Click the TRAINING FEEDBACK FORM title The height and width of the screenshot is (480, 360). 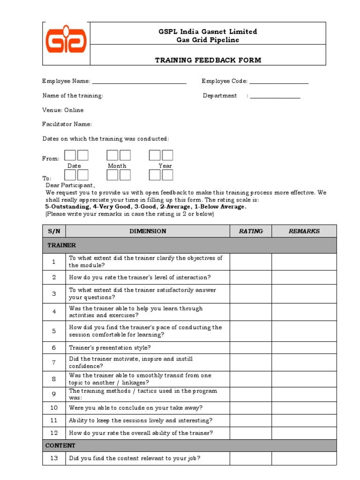[x=208, y=60]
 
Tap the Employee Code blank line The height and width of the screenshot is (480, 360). [x=279, y=83]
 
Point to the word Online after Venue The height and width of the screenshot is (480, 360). [x=74, y=110]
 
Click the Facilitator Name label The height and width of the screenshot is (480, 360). [x=67, y=124]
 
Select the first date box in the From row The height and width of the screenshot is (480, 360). [x=70, y=155]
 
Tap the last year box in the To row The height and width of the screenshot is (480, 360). [x=167, y=175]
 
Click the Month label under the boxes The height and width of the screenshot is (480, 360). [x=117, y=166]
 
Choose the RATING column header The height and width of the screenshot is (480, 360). [x=251, y=231]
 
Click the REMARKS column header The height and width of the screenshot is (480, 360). [x=304, y=231]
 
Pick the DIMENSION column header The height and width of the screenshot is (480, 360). [x=148, y=231]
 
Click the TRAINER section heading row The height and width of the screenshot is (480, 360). [x=189, y=245]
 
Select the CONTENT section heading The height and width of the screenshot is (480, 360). [x=60, y=445]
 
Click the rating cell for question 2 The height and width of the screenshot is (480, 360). [x=251, y=277]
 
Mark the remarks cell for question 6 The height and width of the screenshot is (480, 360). [x=304, y=348]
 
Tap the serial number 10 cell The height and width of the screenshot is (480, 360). [x=54, y=408]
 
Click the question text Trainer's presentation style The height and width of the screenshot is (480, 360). [x=110, y=348]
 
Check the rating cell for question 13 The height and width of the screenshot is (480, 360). [x=251, y=458]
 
